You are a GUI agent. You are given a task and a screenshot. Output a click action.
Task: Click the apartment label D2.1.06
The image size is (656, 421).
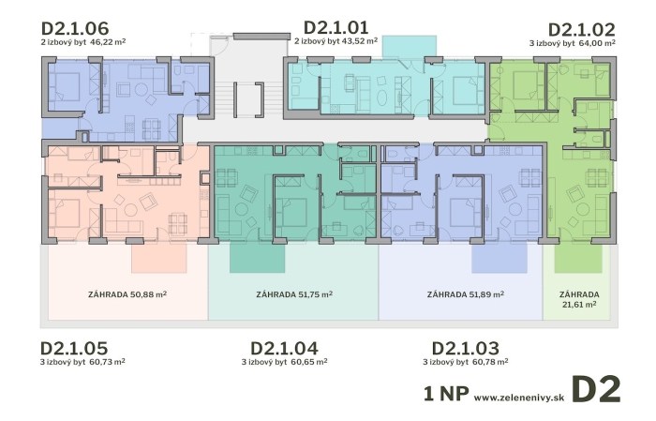[75, 28]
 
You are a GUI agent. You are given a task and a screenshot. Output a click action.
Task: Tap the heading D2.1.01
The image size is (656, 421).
[335, 27]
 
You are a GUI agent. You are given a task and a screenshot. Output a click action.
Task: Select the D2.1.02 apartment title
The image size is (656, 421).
[582, 30]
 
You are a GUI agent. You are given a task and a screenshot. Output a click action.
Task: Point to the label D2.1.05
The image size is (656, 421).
[74, 348]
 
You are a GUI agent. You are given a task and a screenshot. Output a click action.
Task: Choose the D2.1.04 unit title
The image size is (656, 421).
[284, 348]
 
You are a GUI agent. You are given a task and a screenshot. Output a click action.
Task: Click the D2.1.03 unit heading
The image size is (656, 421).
[465, 348]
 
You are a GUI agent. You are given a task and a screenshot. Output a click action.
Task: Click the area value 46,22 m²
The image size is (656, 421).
[108, 42]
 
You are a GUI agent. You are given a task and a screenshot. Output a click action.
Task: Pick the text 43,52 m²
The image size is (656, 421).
[360, 41]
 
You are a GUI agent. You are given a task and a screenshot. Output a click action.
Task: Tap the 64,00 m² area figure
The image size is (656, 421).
[597, 43]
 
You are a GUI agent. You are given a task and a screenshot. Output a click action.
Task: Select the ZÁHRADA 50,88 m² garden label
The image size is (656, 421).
[127, 294]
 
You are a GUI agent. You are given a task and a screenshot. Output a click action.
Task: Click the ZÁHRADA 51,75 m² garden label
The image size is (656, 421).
[294, 294]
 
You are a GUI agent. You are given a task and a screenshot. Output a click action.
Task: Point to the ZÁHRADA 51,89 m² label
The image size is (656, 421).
[466, 294]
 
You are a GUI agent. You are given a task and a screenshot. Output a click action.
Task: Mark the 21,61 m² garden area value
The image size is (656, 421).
[579, 304]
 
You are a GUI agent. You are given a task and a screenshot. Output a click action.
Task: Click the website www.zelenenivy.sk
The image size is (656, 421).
[519, 398]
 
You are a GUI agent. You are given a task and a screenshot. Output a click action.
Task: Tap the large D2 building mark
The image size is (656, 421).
[596, 390]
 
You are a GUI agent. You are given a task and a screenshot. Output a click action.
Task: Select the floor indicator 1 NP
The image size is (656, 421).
[446, 394]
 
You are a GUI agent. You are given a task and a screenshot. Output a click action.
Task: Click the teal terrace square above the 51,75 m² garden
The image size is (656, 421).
[258, 259]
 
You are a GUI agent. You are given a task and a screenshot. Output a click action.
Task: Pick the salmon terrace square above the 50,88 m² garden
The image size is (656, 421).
[159, 259]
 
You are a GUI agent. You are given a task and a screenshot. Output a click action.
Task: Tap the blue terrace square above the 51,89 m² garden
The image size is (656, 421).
[499, 259]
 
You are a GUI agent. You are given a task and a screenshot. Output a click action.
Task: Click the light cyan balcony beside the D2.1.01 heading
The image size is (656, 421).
[410, 47]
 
